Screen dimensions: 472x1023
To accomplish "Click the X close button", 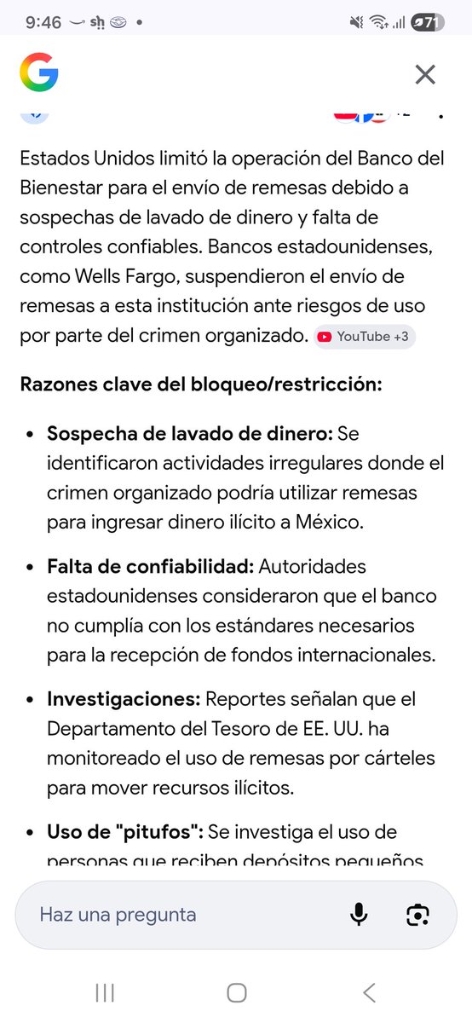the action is pyautogui.click(x=425, y=74).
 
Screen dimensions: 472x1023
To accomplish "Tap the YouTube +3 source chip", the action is pyautogui.click(x=364, y=337).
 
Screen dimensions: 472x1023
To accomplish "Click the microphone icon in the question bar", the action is pyautogui.click(x=359, y=915).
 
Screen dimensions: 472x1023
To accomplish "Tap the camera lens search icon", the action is pyautogui.click(x=417, y=915).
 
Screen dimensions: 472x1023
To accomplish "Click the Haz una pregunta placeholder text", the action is pyautogui.click(x=118, y=915).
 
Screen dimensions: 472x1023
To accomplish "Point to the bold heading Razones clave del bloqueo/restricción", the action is pyautogui.click(x=201, y=384).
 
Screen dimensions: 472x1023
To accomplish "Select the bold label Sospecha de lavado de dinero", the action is pyautogui.click(x=190, y=433).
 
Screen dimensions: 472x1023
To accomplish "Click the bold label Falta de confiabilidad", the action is pyautogui.click(x=150, y=566).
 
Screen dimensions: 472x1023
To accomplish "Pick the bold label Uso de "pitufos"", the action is pyautogui.click(x=124, y=832).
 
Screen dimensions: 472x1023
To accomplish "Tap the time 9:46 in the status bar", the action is pyautogui.click(x=43, y=23).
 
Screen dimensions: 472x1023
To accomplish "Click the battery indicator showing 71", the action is pyautogui.click(x=427, y=23).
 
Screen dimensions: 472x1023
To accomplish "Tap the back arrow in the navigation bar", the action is pyautogui.click(x=368, y=991).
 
